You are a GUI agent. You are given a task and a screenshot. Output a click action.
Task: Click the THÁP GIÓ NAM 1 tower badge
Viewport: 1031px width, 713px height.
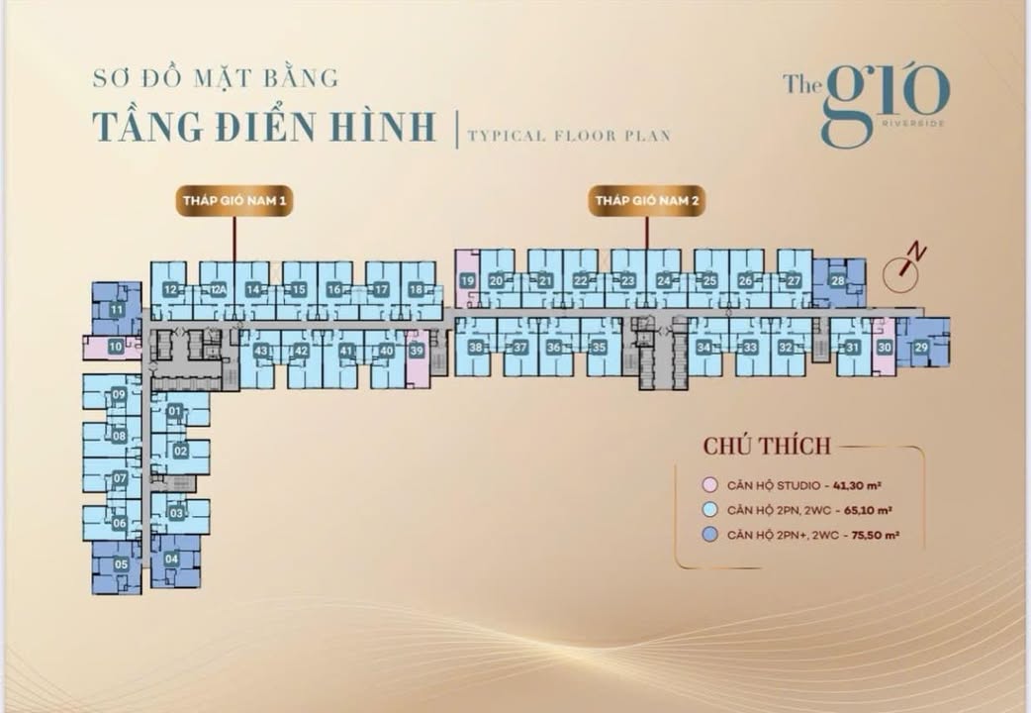click(234, 201)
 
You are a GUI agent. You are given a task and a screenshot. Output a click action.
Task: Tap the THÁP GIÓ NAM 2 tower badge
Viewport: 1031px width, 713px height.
click(646, 201)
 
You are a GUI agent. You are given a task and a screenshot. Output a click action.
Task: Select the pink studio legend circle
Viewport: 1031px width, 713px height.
click(708, 485)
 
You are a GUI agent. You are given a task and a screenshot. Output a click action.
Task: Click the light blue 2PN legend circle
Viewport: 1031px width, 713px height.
click(708, 511)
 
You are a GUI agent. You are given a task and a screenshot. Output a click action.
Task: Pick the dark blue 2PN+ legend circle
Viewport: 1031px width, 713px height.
click(708, 536)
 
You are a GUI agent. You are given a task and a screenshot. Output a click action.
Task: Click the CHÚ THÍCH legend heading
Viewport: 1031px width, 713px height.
click(767, 446)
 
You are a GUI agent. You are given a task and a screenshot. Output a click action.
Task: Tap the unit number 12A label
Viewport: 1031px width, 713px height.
click(219, 289)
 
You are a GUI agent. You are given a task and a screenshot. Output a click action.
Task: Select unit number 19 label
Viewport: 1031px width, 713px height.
click(467, 281)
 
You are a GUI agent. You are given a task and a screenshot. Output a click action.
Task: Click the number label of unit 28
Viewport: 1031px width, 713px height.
click(838, 281)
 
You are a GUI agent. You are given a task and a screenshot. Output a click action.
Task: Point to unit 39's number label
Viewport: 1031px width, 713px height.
click(417, 350)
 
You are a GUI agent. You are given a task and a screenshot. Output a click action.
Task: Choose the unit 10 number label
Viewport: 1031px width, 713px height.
click(116, 347)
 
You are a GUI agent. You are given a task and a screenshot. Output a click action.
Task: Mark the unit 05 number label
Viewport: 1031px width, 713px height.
click(121, 564)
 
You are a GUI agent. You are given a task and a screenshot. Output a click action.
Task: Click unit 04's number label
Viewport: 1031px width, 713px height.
click(171, 559)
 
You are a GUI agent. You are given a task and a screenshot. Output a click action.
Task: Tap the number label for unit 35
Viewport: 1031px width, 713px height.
click(599, 347)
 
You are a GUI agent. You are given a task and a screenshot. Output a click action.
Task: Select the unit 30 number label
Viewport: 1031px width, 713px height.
click(885, 347)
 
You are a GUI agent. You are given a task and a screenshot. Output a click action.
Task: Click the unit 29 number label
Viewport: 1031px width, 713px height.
click(921, 347)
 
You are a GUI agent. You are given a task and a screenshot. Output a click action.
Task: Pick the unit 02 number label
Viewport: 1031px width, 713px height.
click(180, 451)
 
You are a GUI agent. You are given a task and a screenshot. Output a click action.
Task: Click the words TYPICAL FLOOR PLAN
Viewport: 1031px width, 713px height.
click(569, 135)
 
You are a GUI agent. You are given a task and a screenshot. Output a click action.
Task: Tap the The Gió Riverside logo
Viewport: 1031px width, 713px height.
click(866, 104)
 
